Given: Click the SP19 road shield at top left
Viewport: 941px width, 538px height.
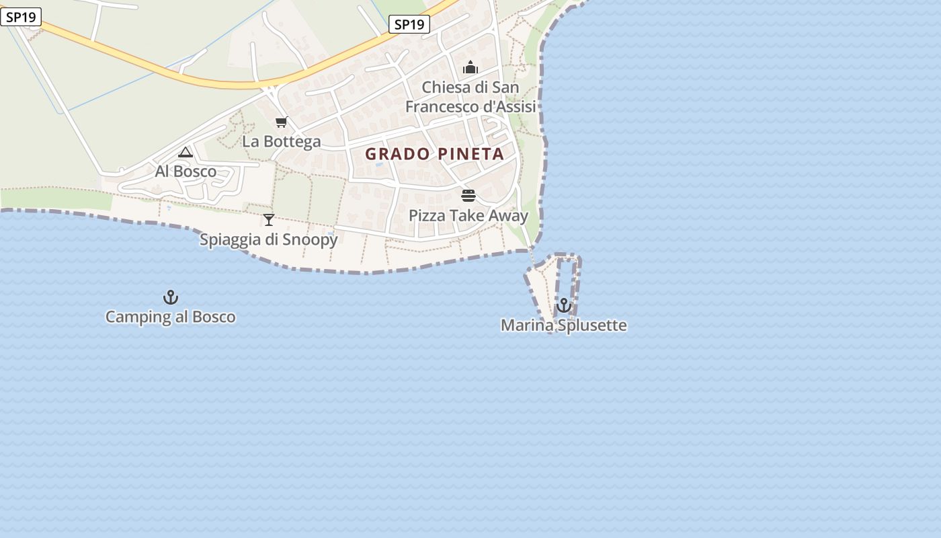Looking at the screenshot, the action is pyautogui.click(x=21, y=17).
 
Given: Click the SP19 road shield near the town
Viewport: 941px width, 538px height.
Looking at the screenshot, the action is pyautogui.click(x=409, y=25).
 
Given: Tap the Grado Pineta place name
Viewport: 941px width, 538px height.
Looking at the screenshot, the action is pyautogui.click(x=434, y=154).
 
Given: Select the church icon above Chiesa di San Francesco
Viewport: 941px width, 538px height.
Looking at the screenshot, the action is pyautogui.click(x=470, y=67).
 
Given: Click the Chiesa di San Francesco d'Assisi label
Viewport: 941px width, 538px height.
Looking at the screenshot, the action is pyautogui.click(x=470, y=97).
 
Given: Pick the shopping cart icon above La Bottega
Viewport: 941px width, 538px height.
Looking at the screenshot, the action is pyautogui.click(x=282, y=122).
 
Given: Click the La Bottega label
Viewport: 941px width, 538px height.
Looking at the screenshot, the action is pyautogui.click(x=282, y=142).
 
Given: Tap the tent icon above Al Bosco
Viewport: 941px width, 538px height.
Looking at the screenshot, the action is pyautogui.click(x=186, y=153).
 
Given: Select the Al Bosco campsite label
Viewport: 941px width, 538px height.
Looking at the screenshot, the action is pyautogui.click(x=186, y=171).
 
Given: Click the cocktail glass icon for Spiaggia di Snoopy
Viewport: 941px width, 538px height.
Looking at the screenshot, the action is pyautogui.click(x=269, y=219).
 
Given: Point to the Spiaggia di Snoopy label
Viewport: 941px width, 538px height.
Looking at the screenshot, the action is pyautogui.click(x=269, y=239).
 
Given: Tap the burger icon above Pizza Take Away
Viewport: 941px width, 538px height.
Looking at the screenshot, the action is pyautogui.click(x=468, y=196).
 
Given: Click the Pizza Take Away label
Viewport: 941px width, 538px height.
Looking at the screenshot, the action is pyautogui.click(x=468, y=216).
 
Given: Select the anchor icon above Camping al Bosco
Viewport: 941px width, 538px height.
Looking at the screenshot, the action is pyautogui.click(x=171, y=297).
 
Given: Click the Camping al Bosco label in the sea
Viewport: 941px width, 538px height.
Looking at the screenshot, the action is pyautogui.click(x=171, y=317).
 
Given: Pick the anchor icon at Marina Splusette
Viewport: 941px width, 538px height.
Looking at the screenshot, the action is pyautogui.click(x=563, y=306).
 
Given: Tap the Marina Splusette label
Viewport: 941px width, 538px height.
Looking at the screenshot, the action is pyautogui.click(x=563, y=325).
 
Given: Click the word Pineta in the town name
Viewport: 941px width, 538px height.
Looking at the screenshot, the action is pyautogui.click(x=470, y=154).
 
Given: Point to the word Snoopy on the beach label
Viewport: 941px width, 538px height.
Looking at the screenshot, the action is pyautogui.click(x=310, y=239).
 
